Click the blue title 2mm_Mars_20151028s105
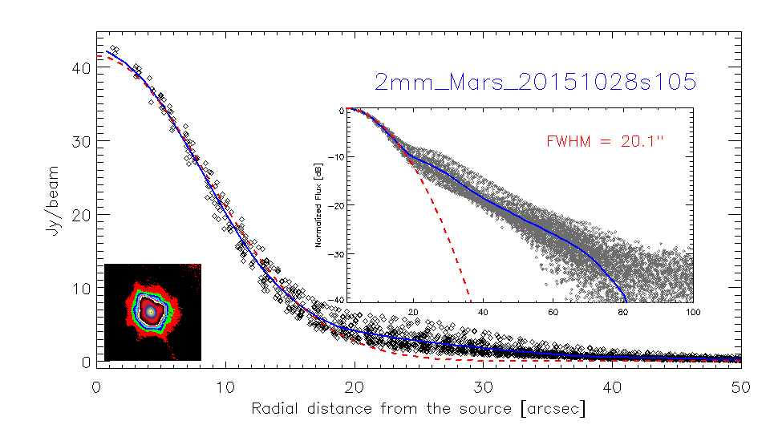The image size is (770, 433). (x=535, y=82)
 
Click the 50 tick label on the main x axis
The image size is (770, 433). (x=740, y=387)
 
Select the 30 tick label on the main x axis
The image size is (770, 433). (x=483, y=387)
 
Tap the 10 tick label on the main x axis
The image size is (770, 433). (x=225, y=387)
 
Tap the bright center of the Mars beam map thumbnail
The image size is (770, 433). (x=151, y=310)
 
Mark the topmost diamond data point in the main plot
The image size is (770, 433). (x=114, y=49)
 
